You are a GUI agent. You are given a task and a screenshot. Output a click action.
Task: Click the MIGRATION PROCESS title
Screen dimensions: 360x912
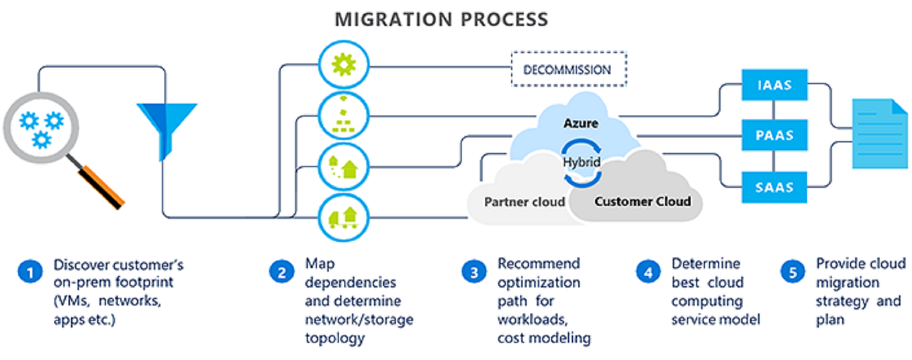[441, 19]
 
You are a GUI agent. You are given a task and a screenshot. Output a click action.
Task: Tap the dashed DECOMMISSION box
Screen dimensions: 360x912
[567, 69]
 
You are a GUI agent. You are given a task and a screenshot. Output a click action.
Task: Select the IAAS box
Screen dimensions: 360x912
[773, 85]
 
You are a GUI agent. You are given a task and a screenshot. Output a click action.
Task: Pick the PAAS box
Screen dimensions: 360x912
[773, 135]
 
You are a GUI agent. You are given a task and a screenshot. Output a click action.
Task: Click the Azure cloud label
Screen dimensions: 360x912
[581, 124]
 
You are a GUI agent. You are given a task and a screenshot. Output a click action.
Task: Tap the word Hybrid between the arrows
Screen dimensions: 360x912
[581, 162]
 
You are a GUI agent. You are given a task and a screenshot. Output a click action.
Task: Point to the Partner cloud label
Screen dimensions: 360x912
[525, 201]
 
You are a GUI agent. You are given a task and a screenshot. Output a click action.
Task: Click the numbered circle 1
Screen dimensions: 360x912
[30, 272]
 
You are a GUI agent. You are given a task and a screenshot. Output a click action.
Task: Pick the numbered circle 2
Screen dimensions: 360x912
[281, 272]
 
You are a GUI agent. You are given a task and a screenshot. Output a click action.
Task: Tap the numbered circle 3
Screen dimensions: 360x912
[474, 272]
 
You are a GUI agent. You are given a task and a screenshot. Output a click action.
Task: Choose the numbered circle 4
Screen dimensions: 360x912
[648, 272]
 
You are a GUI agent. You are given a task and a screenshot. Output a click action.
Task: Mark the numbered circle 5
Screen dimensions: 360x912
[792, 272]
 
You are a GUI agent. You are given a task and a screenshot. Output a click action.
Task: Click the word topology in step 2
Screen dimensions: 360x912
[334, 338]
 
